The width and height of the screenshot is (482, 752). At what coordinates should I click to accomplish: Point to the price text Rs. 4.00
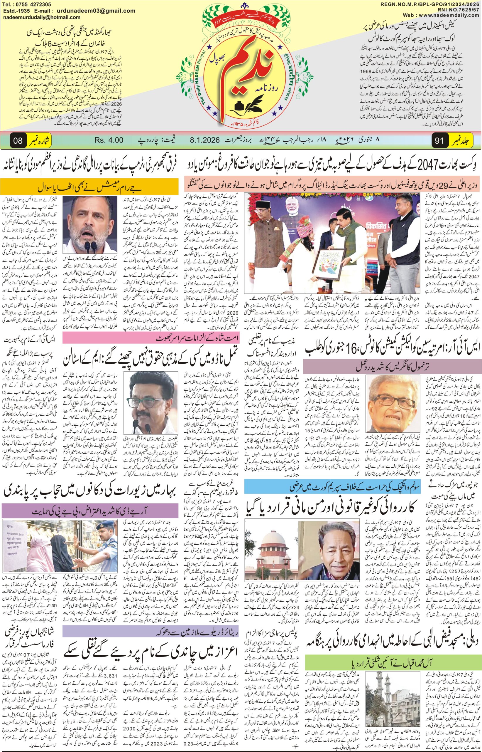coord(109,140)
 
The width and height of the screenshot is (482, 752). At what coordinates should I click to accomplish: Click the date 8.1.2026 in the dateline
coord(205,140)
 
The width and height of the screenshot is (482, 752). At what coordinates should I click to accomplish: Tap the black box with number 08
coord(18,140)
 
